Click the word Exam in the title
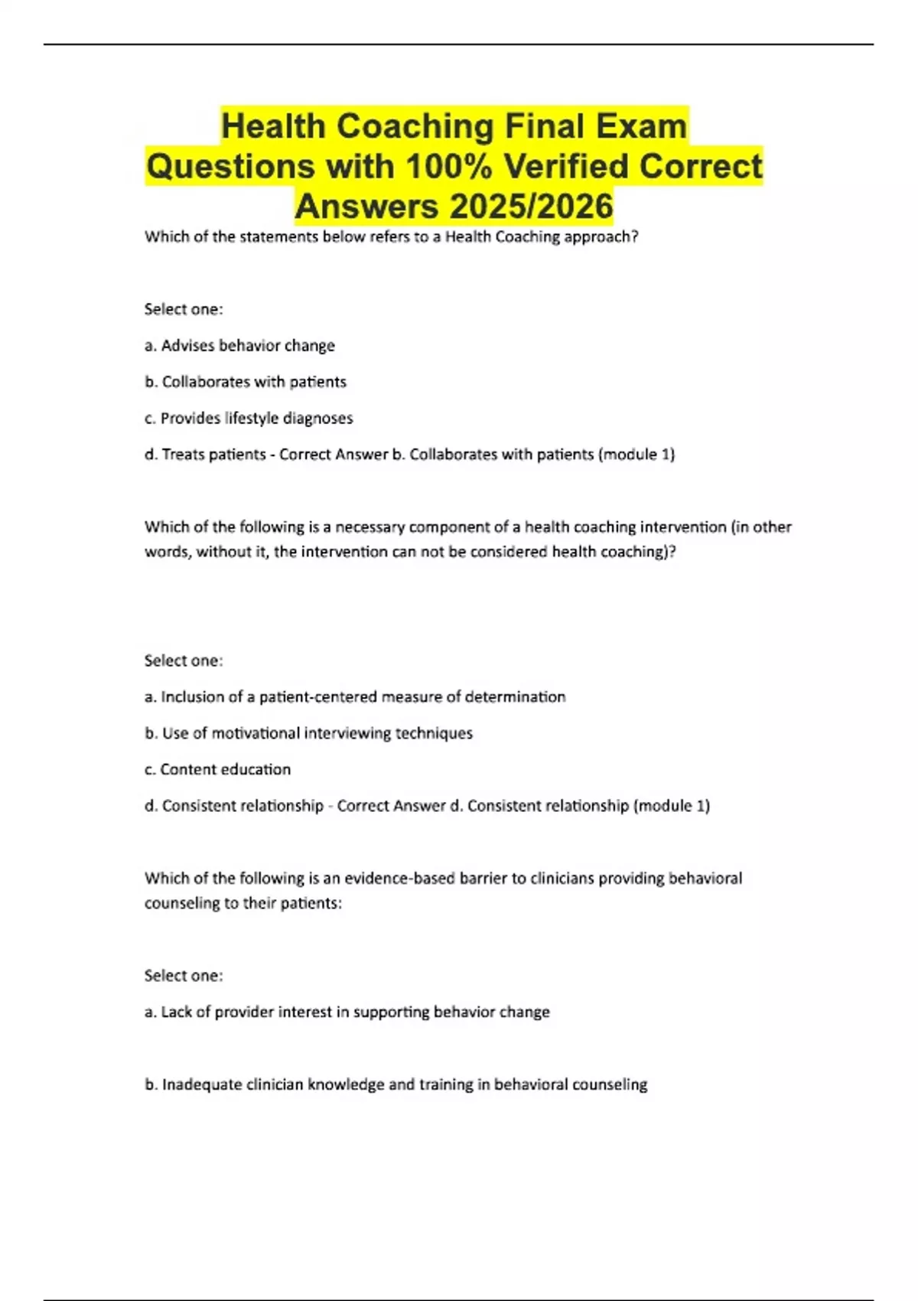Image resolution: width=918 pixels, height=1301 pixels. [641, 126]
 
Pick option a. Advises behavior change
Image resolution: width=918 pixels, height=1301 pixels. [239, 346]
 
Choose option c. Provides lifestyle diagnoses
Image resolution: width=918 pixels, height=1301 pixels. [249, 419]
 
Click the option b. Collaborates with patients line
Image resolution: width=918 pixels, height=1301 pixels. [246, 382]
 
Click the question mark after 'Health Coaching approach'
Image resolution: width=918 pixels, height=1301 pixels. [634, 237]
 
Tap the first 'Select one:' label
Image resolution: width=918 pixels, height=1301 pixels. [184, 309]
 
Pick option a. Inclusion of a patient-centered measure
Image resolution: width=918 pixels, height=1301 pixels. [355, 697]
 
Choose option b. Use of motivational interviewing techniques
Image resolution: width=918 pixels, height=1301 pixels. [308, 733]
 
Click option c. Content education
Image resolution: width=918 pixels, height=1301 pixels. [217, 770]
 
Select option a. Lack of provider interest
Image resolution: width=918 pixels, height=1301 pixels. [347, 1012]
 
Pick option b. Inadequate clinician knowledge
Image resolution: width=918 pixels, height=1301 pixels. [396, 1084]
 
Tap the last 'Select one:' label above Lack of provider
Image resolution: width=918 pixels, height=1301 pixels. [184, 976]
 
